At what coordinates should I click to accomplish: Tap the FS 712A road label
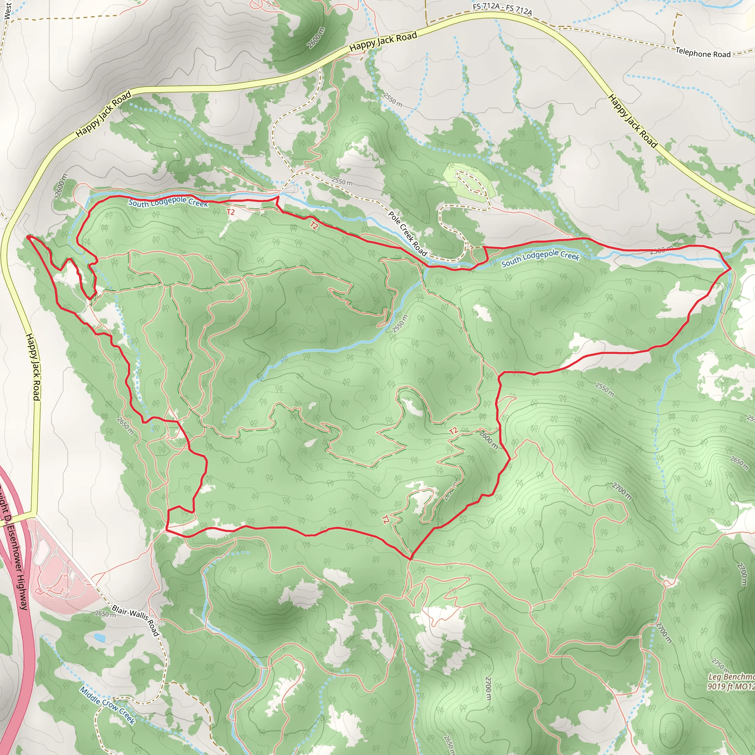coord(502,9)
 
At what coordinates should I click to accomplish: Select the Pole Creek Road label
coord(408,233)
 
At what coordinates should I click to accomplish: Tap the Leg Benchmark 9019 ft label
coord(731,682)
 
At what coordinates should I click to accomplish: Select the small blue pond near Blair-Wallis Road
coord(100,638)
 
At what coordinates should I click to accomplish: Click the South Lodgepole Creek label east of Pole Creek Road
coord(540,258)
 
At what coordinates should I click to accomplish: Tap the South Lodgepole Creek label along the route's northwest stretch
coord(168,202)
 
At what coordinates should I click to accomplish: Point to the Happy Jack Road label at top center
coord(383,41)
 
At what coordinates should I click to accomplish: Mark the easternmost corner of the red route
coord(731,268)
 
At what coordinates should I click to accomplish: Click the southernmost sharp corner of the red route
coord(411,559)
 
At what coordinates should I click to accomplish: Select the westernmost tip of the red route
coord(27,236)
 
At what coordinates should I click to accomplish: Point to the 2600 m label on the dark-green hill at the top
coord(316,38)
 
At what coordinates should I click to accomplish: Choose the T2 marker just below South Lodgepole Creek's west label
coord(230,212)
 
